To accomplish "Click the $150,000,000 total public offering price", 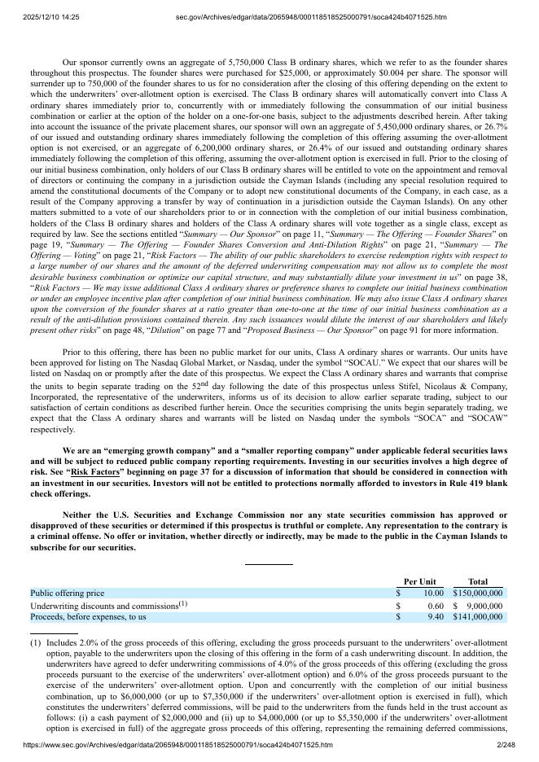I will [478, 593].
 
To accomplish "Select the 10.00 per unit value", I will [432, 593].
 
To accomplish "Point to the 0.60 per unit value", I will [435, 606].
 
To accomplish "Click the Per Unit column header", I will [420, 581].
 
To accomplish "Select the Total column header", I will [478, 581].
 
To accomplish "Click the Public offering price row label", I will [68, 593].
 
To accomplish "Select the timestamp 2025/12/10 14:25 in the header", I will [46, 17].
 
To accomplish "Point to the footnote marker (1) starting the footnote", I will [36, 642].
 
